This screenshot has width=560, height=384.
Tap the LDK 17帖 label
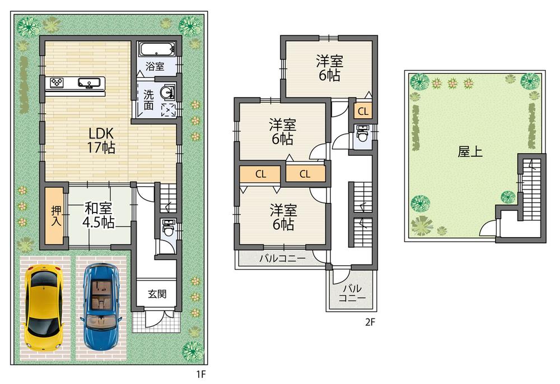tap(101, 141)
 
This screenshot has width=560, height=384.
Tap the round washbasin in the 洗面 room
tap(166, 92)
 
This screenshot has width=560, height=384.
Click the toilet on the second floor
tap(362, 135)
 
